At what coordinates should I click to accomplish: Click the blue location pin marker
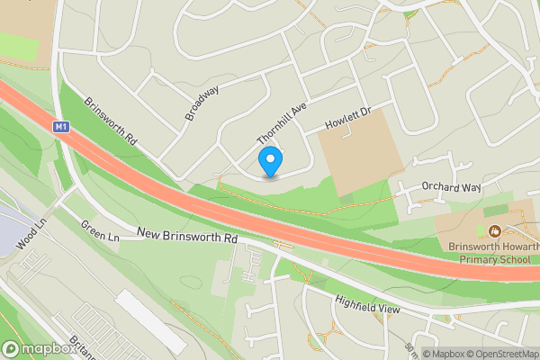click(x=270, y=162)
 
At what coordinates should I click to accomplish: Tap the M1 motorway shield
click(x=60, y=128)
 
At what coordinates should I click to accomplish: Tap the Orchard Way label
click(x=452, y=187)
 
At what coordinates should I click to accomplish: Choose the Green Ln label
click(x=100, y=230)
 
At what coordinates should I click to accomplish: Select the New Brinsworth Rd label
click(x=187, y=236)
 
